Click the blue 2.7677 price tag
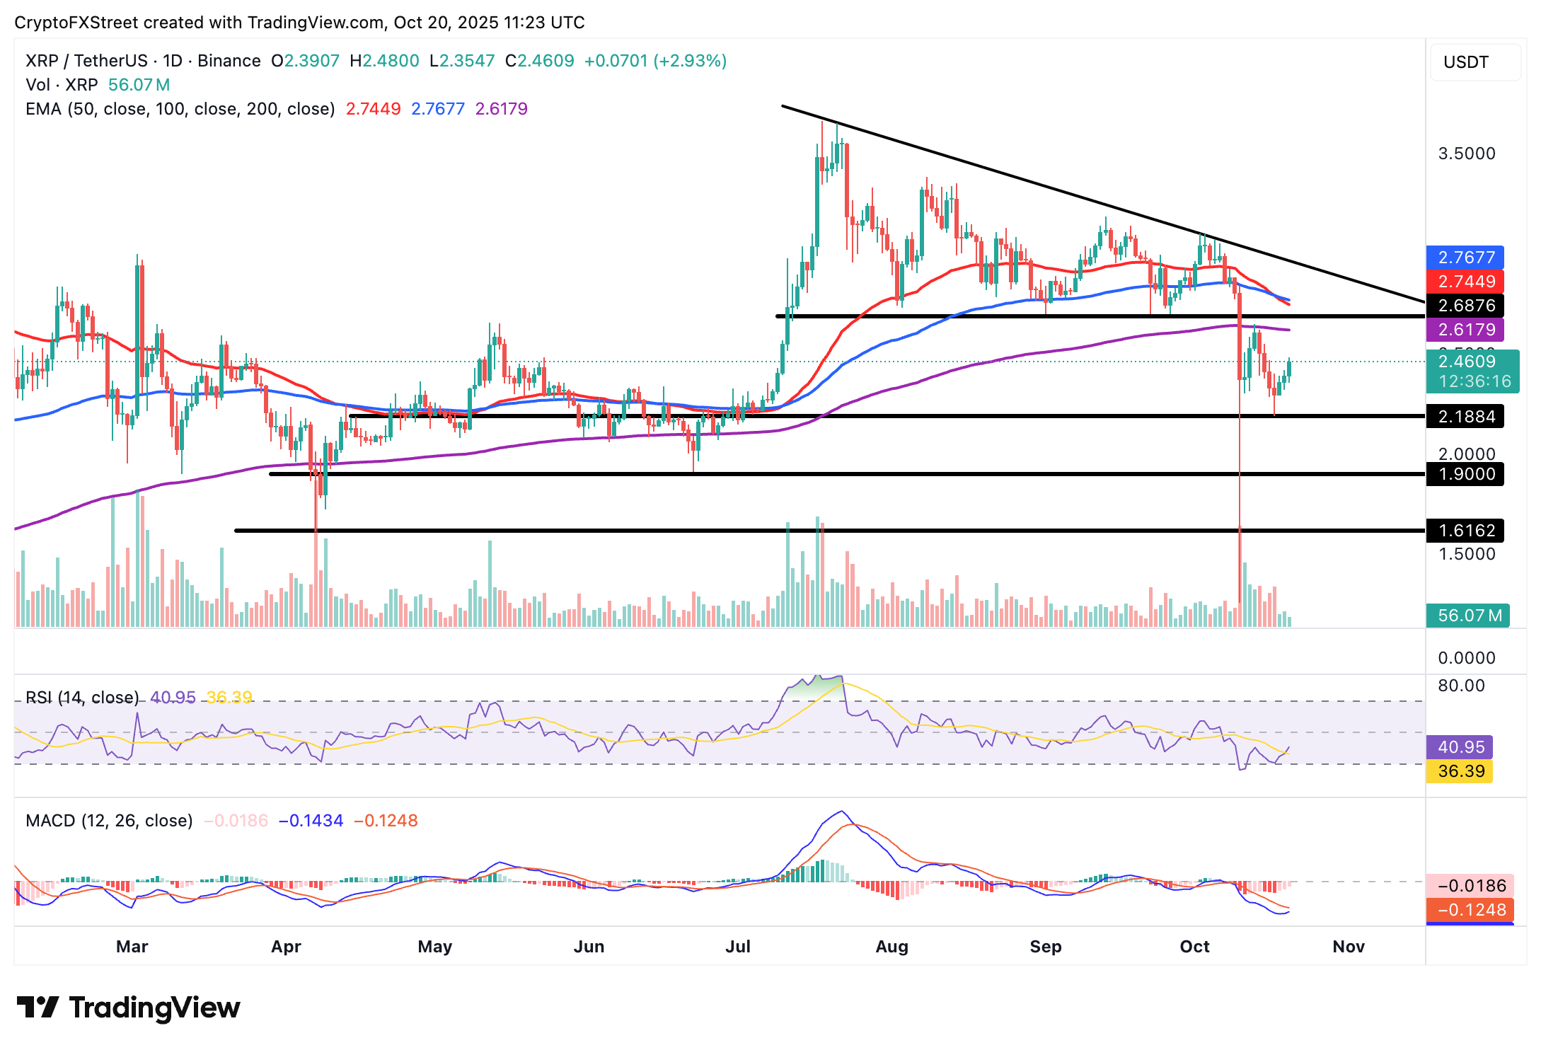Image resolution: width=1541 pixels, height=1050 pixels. pyautogui.click(x=1465, y=258)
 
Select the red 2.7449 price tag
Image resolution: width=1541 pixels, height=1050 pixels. pyautogui.click(x=1465, y=282)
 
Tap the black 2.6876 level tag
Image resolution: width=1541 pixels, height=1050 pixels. pyautogui.click(x=1465, y=306)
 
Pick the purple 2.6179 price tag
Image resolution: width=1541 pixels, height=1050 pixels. pyautogui.click(x=1465, y=330)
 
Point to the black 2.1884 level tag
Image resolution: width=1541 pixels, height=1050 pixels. pyautogui.click(x=1465, y=417)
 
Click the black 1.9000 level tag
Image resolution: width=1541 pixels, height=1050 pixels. pyautogui.click(x=1465, y=474)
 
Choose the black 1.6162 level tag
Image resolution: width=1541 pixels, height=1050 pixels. pyautogui.click(x=1465, y=531)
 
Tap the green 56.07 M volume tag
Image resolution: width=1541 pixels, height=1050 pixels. pyautogui.click(x=1468, y=616)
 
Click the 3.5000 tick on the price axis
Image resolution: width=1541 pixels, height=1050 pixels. pyautogui.click(x=1467, y=154)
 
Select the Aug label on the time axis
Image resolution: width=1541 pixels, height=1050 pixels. pyautogui.click(x=891, y=947)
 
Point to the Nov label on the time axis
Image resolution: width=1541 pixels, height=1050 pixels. pyautogui.click(x=1349, y=947)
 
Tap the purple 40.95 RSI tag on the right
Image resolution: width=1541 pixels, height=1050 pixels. pyautogui.click(x=1460, y=747)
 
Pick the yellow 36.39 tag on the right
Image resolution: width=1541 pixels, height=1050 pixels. pyautogui.click(x=1460, y=771)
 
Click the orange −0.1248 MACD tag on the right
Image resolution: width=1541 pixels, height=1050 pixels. pyautogui.click(x=1470, y=910)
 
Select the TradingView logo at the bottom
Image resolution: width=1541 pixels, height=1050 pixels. pyautogui.click(x=129, y=1008)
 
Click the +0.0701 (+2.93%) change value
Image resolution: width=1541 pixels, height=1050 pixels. pyautogui.click(x=655, y=61)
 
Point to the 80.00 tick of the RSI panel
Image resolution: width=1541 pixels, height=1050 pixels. pyautogui.click(x=1461, y=686)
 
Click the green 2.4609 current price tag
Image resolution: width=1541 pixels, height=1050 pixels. pyautogui.click(x=1467, y=362)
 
